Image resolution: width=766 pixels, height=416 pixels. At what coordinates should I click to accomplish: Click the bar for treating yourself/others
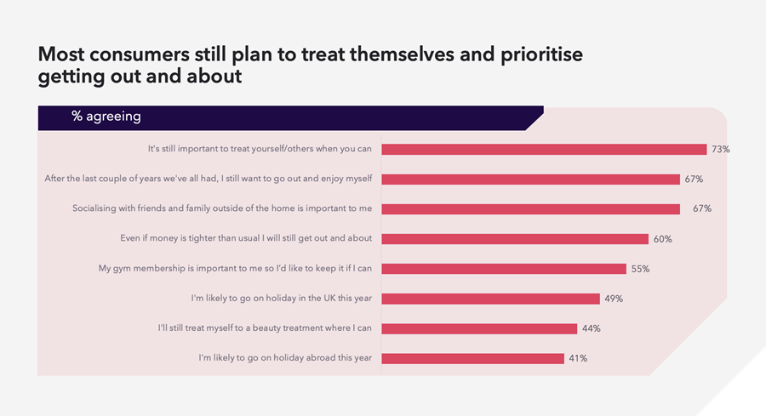tap(544, 150)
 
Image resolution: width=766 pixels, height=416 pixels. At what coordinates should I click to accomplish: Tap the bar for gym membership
tap(504, 269)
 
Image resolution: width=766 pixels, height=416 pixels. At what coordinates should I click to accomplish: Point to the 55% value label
tap(640, 269)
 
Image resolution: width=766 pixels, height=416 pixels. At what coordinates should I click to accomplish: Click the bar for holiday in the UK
tap(490, 299)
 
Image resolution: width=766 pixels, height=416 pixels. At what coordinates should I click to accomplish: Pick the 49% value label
tap(614, 299)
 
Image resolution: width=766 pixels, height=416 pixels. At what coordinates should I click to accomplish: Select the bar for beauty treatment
tap(479, 328)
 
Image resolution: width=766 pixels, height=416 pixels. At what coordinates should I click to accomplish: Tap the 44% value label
tap(591, 328)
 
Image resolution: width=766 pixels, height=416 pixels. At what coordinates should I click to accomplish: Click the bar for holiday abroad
tap(472, 358)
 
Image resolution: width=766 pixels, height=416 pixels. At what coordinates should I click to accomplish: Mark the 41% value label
tap(577, 358)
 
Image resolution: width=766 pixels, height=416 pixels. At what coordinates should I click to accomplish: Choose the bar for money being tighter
tap(515, 239)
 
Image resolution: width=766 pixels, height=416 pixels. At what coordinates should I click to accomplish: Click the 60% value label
tap(662, 239)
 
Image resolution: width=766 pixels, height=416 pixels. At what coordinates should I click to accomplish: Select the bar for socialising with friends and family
tap(530, 209)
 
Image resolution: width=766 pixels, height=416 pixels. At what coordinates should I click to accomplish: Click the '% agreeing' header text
tap(106, 117)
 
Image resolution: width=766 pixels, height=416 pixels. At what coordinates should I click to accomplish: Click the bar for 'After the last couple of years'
tap(530, 180)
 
